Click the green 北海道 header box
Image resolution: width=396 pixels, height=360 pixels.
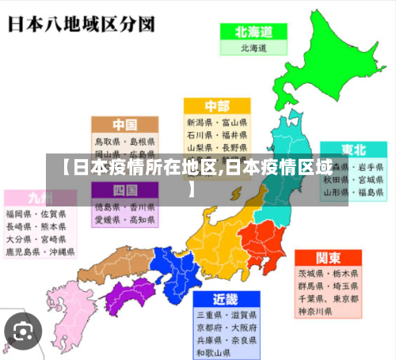click(253, 32)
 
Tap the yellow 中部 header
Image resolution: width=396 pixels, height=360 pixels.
click(216, 106)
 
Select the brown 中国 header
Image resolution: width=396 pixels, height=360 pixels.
click(124, 124)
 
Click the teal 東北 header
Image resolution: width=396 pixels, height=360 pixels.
click(353, 150)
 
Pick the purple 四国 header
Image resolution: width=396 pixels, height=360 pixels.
click(124, 190)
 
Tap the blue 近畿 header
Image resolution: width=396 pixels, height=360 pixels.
click(225, 299)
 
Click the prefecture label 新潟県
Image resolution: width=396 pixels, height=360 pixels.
click(201, 123)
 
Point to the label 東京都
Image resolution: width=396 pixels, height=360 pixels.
click(344, 299)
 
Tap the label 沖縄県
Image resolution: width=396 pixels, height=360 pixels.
click(59, 252)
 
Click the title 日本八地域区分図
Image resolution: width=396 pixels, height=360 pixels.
click(80, 24)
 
